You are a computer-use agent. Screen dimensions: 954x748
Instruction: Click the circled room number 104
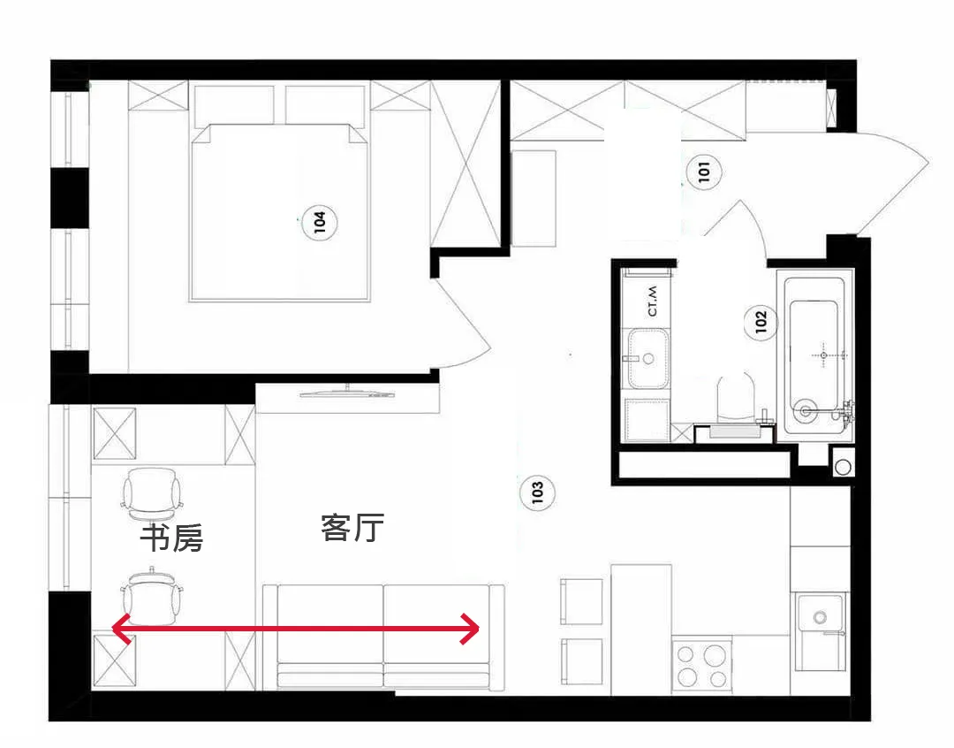coord(320,222)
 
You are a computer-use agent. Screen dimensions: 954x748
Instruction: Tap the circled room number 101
coord(704,172)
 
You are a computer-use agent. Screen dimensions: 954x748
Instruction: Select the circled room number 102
coord(761,322)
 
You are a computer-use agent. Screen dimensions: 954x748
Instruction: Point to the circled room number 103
coord(537,492)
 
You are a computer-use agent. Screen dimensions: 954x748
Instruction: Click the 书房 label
coord(171,538)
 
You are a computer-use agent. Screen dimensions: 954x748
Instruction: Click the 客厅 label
coord(352,528)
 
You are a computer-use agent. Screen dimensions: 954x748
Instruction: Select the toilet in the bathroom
coord(736,398)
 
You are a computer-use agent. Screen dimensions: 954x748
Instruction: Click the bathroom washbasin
coord(648,359)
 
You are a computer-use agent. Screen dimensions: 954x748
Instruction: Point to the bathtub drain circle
coord(806,410)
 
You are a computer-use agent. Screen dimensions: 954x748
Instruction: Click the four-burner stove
coord(701,665)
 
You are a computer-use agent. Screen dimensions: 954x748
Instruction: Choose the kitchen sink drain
coord(820,618)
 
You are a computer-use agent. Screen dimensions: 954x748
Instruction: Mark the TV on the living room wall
coord(347,393)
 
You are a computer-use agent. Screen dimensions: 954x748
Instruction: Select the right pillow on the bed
coord(325,104)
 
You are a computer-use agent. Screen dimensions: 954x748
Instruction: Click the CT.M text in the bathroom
coord(653,301)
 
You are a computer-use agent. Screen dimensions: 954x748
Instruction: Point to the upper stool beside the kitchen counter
coord(581,601)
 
